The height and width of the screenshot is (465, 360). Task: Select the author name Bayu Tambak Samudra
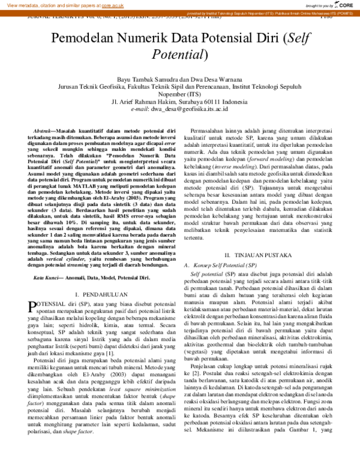coord(148,78)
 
